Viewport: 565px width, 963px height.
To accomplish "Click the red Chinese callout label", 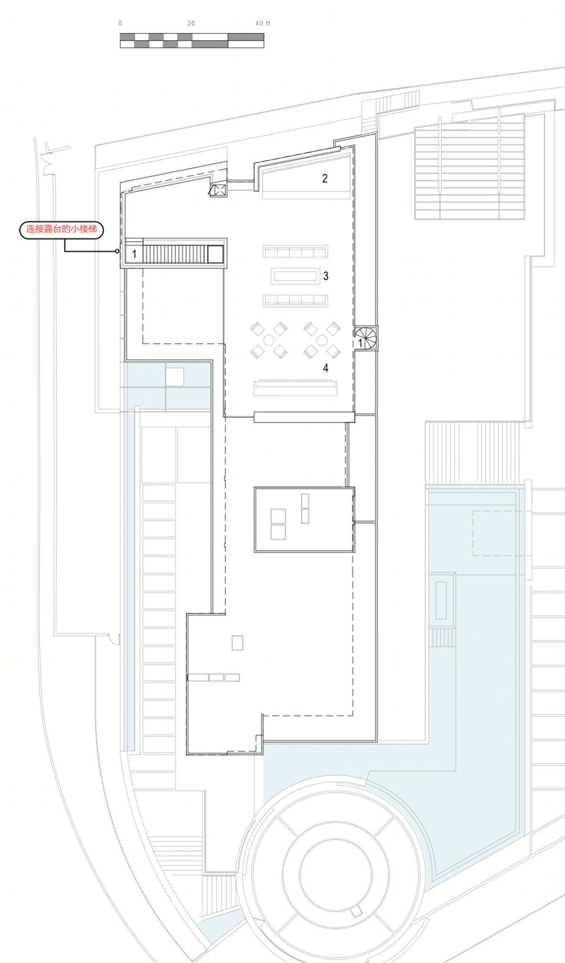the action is coord(62,229).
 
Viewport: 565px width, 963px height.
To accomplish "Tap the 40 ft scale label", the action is coord(263,24).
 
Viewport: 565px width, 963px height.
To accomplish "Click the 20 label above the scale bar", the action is coord(191,24).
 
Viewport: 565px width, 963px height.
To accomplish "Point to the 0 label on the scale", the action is coord(120,24).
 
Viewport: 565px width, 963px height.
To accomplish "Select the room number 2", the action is coord(325,178).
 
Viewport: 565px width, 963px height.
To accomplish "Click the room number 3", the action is coord(326,276).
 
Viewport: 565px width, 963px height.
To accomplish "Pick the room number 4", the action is coord(325,368).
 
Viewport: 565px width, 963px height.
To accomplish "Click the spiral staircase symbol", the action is coord(366,338).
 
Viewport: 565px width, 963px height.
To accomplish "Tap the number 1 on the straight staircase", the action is coord(134,254).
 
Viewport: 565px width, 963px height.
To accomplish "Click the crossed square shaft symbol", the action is coord(218,190).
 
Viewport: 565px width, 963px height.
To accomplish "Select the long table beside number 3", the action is coord(295,276).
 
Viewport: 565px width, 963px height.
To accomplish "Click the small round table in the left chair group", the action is coord(269,341).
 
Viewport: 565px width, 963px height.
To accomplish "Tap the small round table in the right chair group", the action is coord(322,341).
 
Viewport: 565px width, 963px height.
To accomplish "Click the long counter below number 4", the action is coord(295,388).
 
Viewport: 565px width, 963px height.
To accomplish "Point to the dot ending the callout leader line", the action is coord(117,251).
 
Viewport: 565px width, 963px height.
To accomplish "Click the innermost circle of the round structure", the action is coord(336,874).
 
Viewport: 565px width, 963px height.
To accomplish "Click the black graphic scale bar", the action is coord(192,40).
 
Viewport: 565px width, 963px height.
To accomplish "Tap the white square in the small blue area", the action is coord(175,377).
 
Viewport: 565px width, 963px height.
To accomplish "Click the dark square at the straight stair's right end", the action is coord(215,254).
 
